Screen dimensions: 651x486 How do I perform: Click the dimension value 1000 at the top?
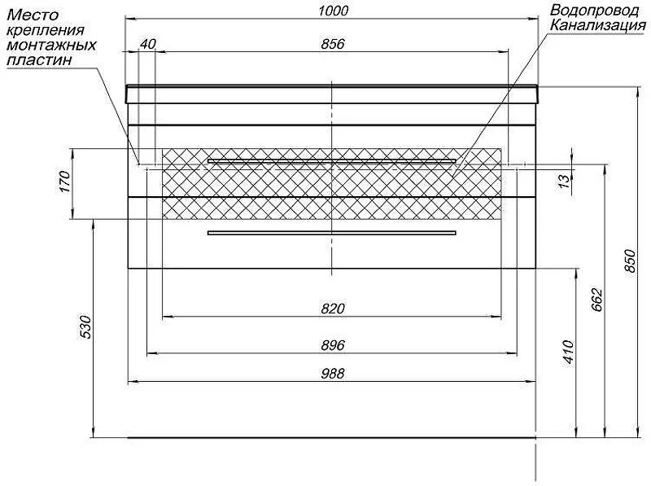pyautogui.click(x=333, y=11)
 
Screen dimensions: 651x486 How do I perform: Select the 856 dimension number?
pyautogui.click(x=333, y=44)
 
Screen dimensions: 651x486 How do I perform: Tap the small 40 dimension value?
pyautogui.click(x=147, y=44)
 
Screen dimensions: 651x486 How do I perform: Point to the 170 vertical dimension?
pyautogui.click(x=66, y=182)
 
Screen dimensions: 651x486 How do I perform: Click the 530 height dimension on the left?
pyautogui.click(x=85, y=327)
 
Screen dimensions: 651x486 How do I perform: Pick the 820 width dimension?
pyautogui.click(x=333, y=309)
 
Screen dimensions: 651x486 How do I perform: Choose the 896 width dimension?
pyautogui.click(x=333, y=345)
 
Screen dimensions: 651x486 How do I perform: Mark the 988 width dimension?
pyautogui.click(x=333, y=374)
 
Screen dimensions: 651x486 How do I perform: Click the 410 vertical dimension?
pyautogui.click(x=568, y=352)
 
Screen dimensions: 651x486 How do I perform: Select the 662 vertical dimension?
pyautogui.click(x=596, y=299)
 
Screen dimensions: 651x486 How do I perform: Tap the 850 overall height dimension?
pyautogui.click(x=630, y=261)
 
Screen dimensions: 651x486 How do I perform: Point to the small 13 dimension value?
pyautogui.click(x=564, y=181)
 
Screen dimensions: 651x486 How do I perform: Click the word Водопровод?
pyautogui.click(x=595, y=10)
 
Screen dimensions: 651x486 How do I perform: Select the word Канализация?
pyautogui.click(x=598, y=25)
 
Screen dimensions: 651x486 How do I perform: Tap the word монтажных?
pyautogui.click(x=51, y=45)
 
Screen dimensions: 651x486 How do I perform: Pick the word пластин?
pyautogui.click(x=39, y=60)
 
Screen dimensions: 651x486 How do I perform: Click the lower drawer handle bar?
pyautogui.click(x=332, y=233)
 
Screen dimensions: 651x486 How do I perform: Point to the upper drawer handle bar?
pyautogui.click(x=332, y=160)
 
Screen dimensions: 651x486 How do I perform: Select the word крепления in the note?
pyautogui.click(x=46, y=30)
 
